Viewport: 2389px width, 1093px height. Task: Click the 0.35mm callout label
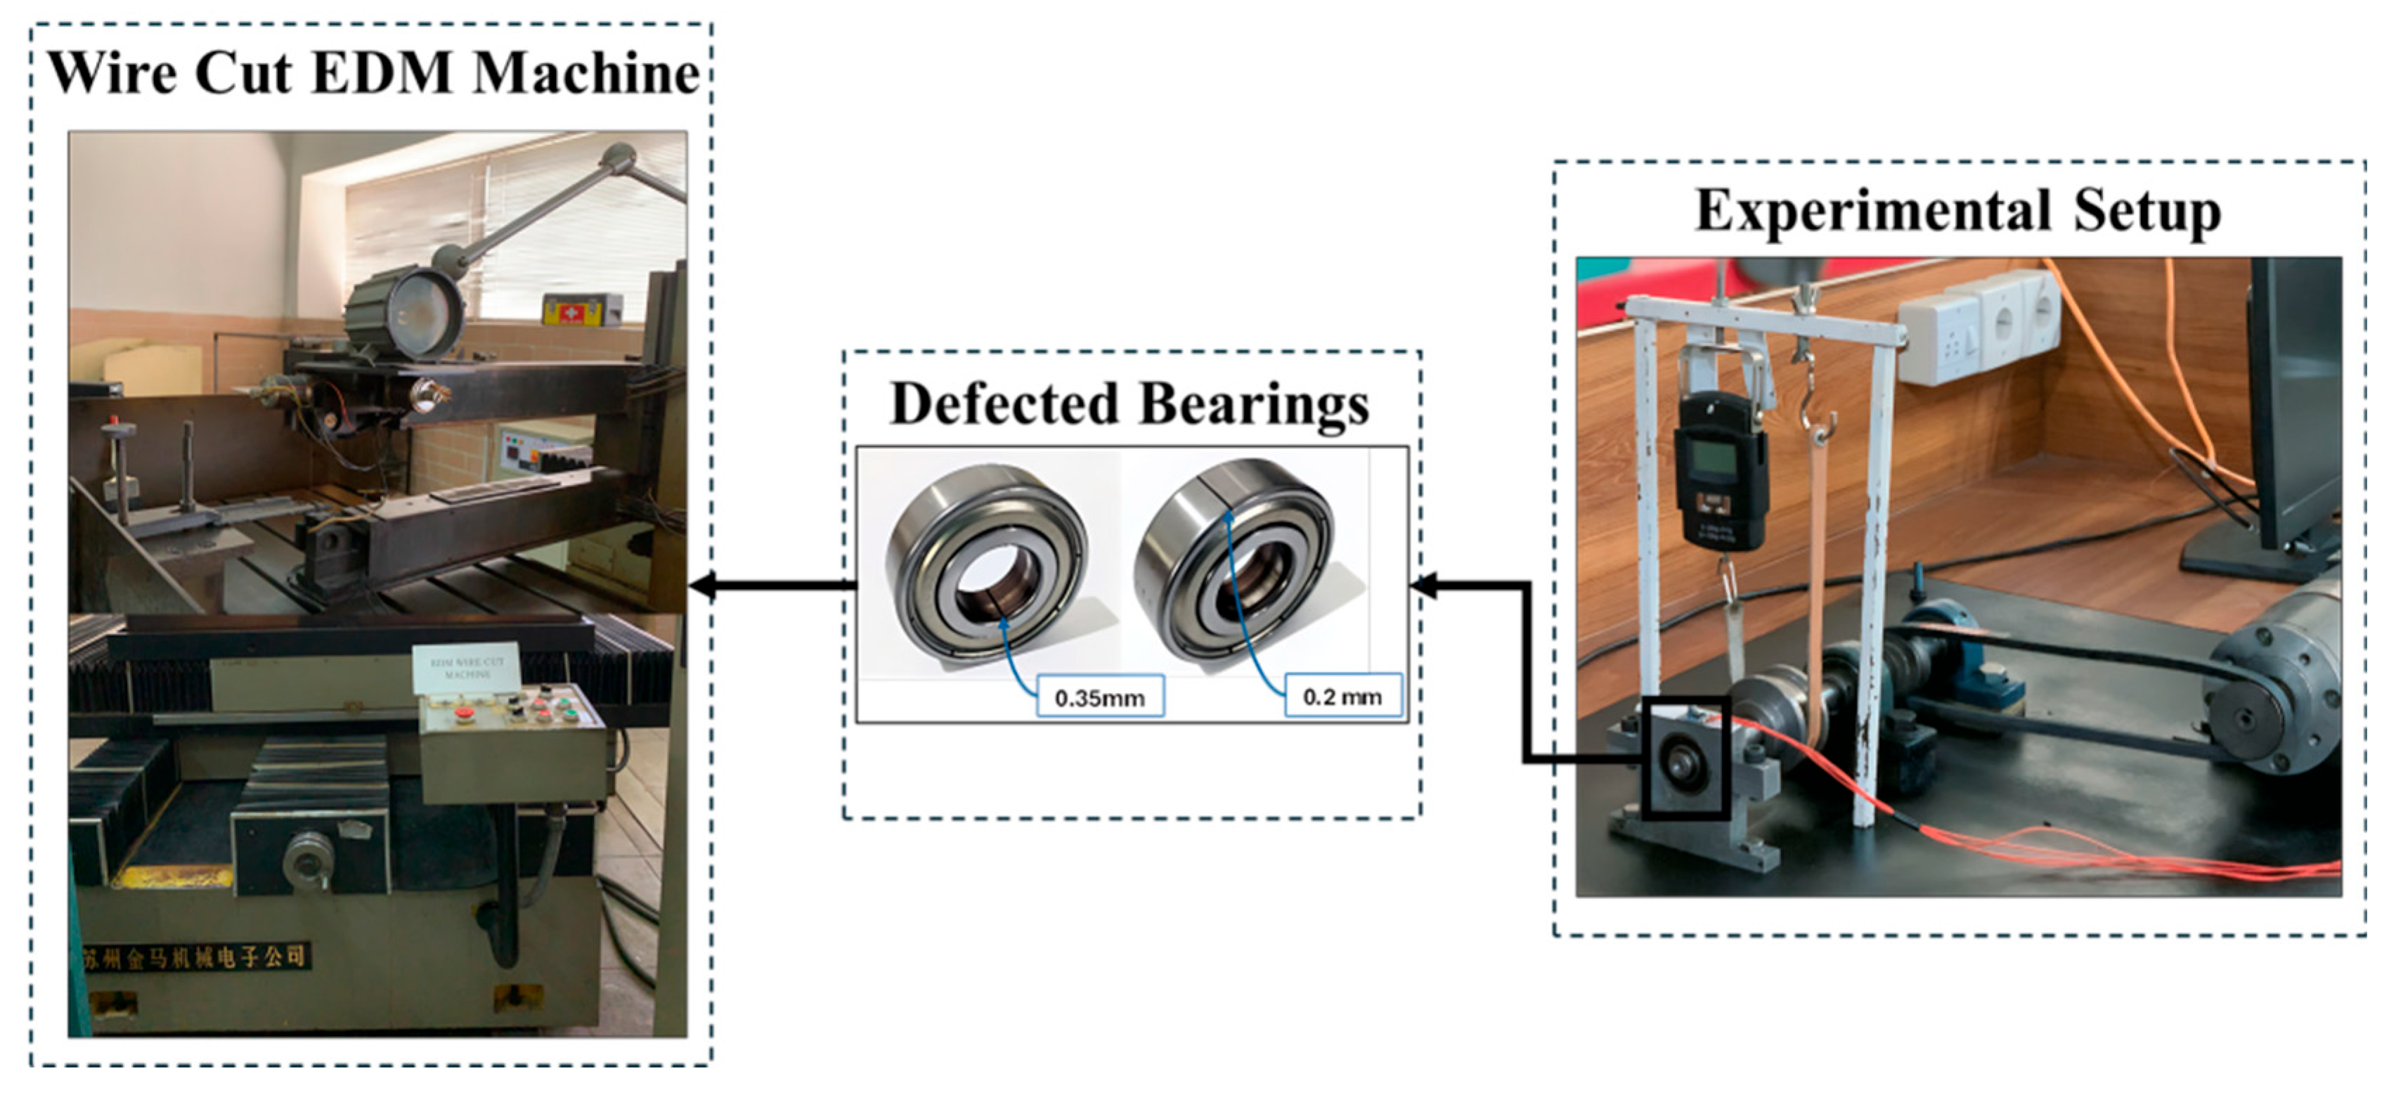coord(1099,697)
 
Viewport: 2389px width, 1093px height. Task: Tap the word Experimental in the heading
coord(1872,211)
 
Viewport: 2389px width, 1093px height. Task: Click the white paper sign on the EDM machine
coord(467,667)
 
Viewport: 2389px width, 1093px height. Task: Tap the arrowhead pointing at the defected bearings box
coord(1423,586)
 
